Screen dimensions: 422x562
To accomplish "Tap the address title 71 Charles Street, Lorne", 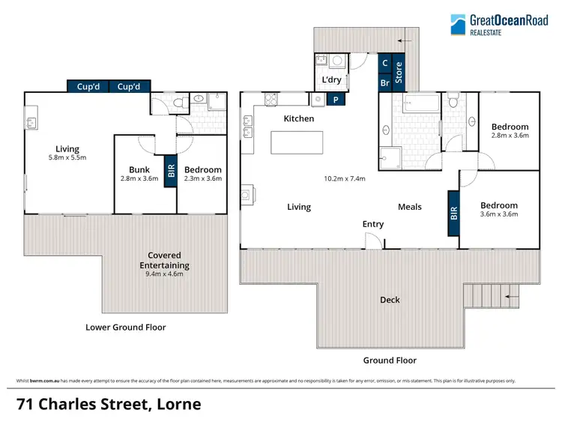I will coord(109,404).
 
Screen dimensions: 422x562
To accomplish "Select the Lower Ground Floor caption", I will coord(125,327).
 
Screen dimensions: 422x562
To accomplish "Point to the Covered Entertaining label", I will coord(163,260).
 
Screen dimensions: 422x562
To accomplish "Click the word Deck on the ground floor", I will coord(389,300).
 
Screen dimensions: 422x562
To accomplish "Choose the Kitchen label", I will coord(298,118).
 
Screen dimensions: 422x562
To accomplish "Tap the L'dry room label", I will coord(332,79).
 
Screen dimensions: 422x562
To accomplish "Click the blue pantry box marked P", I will coord(336,99).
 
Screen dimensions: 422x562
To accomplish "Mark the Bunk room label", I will coord(139,169).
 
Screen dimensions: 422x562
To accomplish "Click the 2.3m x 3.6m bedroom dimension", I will coord(203,179).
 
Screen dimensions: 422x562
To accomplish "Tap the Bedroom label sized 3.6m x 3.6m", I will coord(498,205).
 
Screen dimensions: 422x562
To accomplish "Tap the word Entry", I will coord(372,224).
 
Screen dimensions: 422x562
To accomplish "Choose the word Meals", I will coord(409,207).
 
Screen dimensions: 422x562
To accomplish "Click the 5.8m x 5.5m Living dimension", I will coord(67,158).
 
